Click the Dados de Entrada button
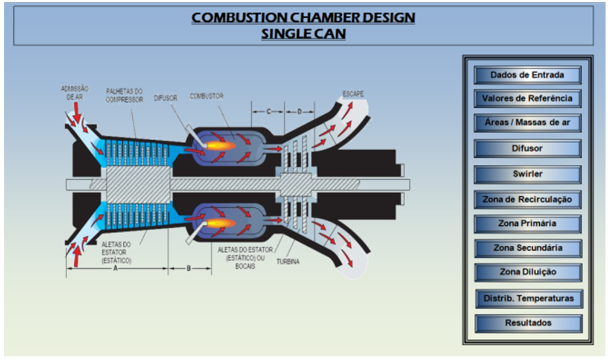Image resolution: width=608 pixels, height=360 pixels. pyautogui.click(x=527, y=75)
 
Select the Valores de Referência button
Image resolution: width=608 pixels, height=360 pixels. pyautogui.click(x=527, y=98)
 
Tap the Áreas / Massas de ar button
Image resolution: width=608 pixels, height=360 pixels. pyautogui.click(x=527, y=123)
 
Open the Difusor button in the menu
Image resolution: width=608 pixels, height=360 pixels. pyautogui.click(x=527, y=148)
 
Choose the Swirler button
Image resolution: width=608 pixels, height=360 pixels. pyautogui.click(x=527, y=174)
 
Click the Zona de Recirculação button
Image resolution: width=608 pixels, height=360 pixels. pyautogui.click(x=527, y=199)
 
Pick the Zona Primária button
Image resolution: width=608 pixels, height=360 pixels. pyautogui.click(x=527, y=223)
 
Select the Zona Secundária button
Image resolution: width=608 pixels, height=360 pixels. pyautogui.click(x=527, y=248)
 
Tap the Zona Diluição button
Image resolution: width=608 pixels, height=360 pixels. pyautogui.click(x=527, y=272)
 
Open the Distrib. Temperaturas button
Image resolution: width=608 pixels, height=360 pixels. pyautogui.click(x=527, y=298)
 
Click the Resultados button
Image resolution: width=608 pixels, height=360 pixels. pyautogui.click(x=527, y=323)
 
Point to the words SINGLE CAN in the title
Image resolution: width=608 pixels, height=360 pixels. pyautogui.click(x=303, y=34)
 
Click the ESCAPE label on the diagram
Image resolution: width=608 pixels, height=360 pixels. pyautogui.click(x=353, y=94)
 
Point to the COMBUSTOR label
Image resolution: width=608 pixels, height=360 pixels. pyautogui.click(x=206, y=96)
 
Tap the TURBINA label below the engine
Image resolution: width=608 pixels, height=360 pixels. pyautogui.click(x=289, y=262)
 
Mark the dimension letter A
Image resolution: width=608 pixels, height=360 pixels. pyautogui.click(x=115, y=269)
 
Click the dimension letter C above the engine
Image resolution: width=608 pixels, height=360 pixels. pyautogui.click(x=268, y=111)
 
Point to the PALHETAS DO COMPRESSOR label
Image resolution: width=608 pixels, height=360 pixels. pyautogui.click(x=124, y=95)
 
